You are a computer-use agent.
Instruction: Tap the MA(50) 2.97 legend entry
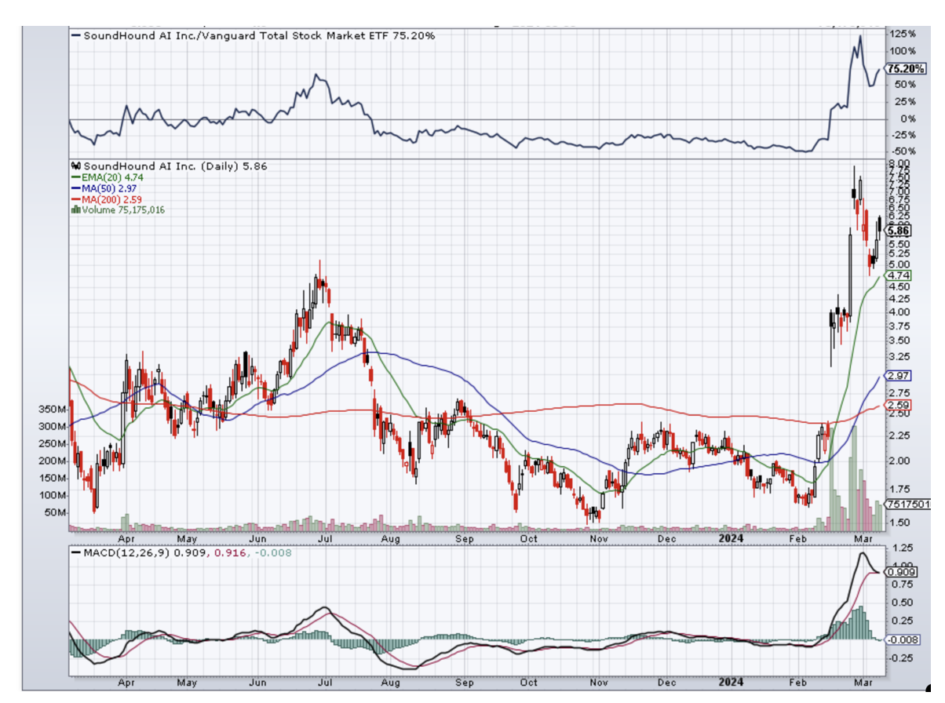tap(108, 188)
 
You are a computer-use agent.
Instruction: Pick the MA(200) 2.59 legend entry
tap(111, 199)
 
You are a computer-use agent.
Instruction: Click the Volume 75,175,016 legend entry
tap(122, 209)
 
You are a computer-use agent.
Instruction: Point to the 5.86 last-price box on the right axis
tap(898, 231)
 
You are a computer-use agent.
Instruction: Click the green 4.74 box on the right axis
tap(897, 276)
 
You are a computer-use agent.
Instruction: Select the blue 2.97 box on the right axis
tap(897, 377)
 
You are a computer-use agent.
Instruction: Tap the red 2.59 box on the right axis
tap(897, 405)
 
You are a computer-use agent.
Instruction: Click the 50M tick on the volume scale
tap(57, 512)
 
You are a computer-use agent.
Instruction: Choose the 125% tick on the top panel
tap(903, 35)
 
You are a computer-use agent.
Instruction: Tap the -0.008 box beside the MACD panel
tap(899, 639)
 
